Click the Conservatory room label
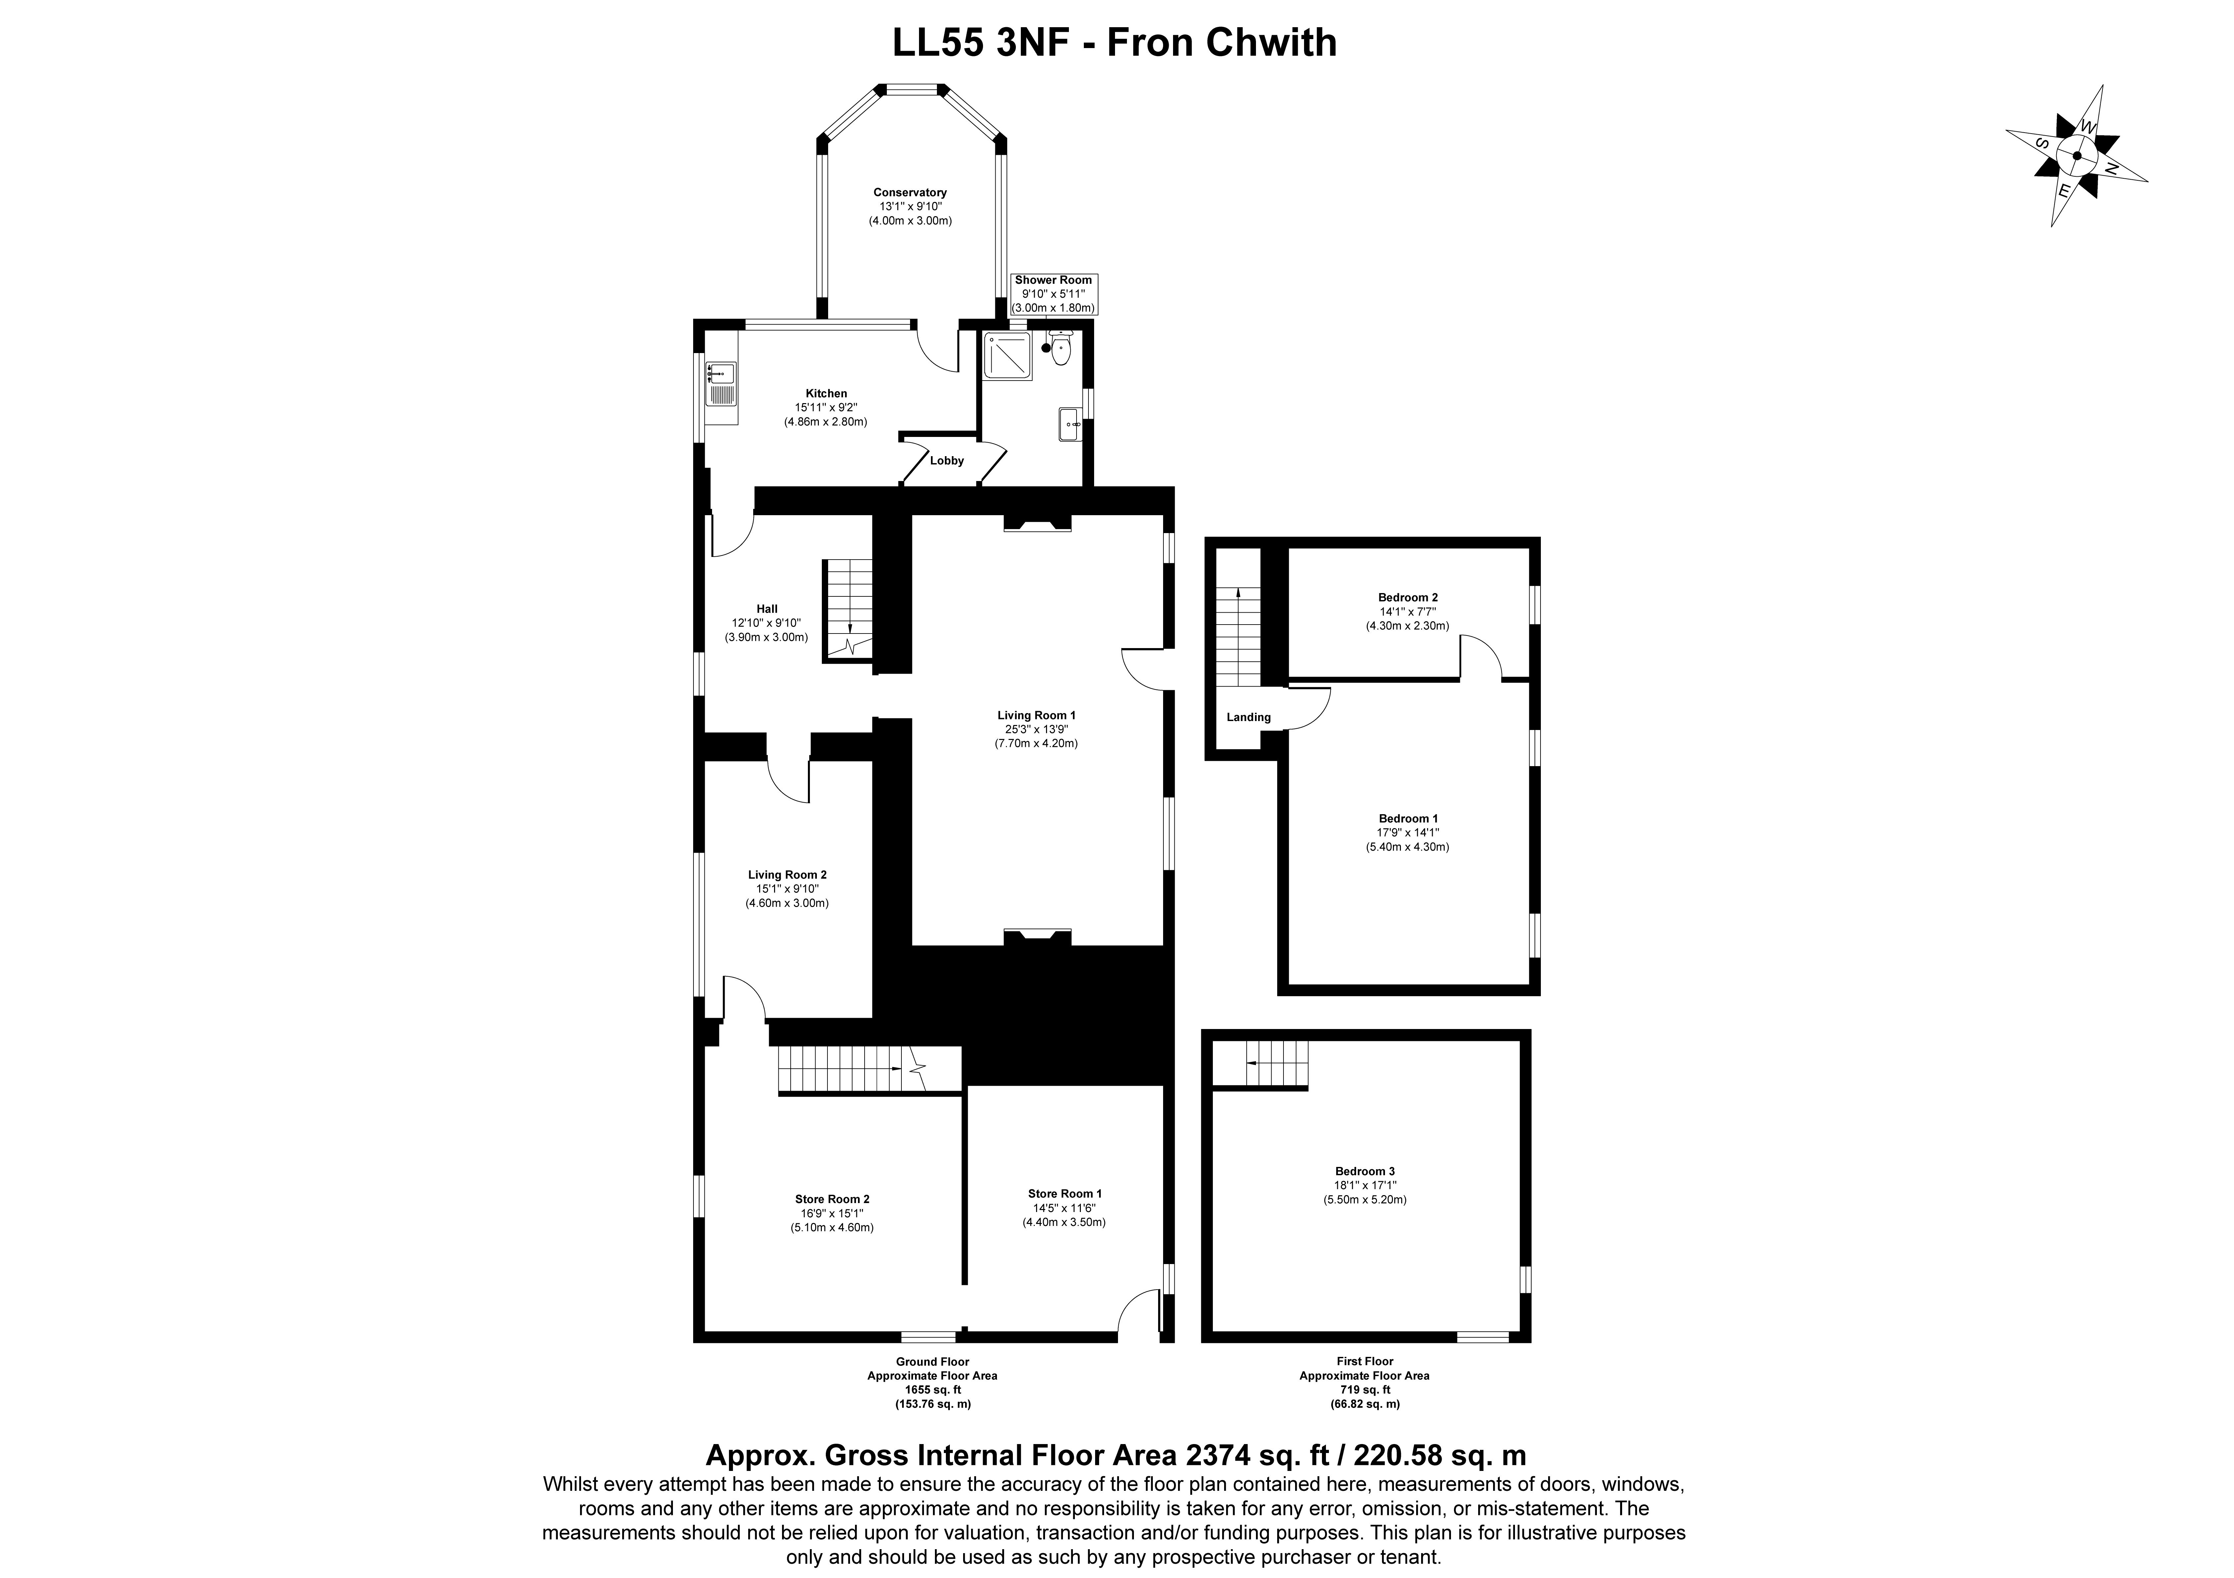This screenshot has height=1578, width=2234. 910,193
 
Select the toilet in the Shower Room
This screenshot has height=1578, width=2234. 1061,347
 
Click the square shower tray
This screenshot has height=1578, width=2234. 1007,355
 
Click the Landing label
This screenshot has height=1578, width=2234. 1248,717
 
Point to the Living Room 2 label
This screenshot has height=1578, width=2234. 787,875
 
